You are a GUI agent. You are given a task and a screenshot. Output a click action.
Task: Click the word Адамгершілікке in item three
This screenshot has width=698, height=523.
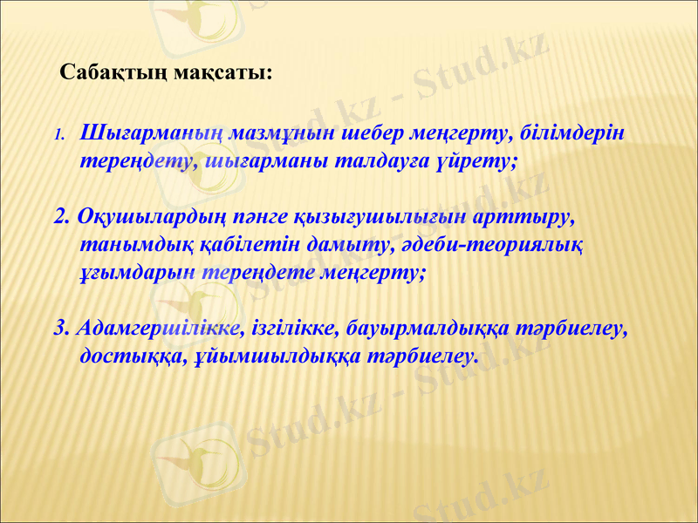coord(159,329)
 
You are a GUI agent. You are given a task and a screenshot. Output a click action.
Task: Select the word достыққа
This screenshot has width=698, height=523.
coord(131,357)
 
